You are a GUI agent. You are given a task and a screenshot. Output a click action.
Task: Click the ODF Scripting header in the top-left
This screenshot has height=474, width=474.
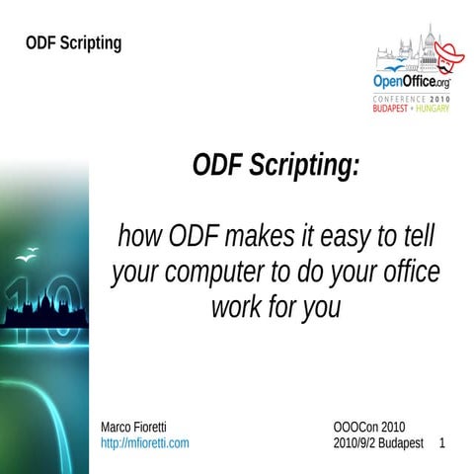(74, 43)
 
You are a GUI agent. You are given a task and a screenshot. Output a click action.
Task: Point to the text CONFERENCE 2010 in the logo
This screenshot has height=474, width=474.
(410, 100)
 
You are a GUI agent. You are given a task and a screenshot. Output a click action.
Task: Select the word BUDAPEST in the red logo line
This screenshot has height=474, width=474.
(392, 109)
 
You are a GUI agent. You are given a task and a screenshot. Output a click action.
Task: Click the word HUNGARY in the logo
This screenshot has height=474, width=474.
(432, 109)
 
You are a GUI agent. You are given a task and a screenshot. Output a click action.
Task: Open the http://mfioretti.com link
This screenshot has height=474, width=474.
(145, 443)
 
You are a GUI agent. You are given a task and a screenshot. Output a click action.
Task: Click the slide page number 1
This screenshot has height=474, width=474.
(441, 443)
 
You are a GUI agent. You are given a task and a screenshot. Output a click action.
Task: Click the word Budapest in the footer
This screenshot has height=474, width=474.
(406, 443)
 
